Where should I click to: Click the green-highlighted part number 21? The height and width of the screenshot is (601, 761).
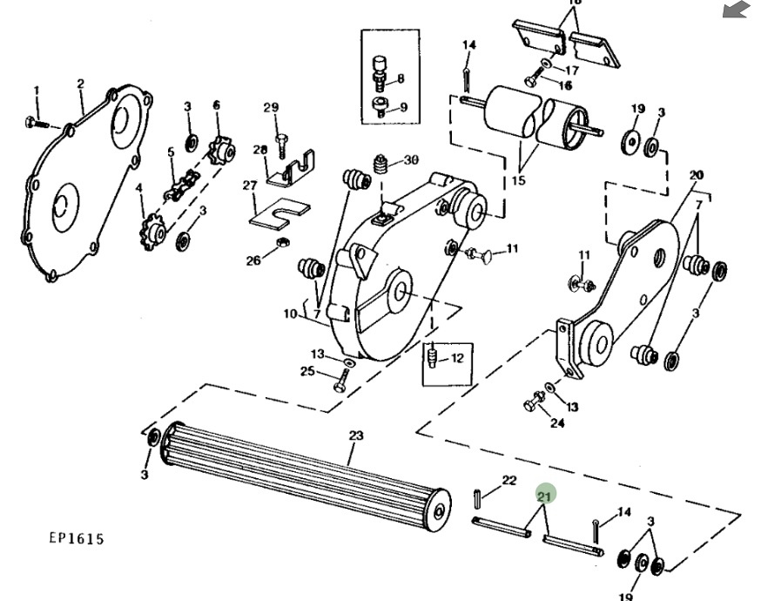point(545,496)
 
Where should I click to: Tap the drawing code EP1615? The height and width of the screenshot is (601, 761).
point(76,538)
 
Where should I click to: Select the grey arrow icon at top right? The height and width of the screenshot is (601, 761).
point(736,10)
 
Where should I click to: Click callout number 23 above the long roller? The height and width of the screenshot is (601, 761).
point(355,436)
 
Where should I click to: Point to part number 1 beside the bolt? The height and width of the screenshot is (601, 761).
point(37,91)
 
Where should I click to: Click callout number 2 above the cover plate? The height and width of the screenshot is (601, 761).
point(80,84)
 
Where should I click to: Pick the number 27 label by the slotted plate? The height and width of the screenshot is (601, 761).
point(250,186)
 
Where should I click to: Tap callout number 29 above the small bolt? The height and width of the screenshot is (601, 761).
point(271,107)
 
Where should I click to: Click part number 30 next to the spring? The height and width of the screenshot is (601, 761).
point(411,159)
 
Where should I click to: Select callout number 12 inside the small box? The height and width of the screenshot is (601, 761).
point(457,358)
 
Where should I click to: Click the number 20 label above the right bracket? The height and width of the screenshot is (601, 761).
point(696,175)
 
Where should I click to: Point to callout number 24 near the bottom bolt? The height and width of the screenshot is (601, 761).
point(557,423)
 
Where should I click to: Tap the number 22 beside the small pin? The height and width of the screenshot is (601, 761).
point(509,480)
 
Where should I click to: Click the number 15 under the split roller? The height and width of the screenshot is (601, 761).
point(519,181)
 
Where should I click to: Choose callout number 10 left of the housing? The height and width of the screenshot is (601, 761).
point(290,314)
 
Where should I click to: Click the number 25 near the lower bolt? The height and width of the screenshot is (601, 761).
point(307,372)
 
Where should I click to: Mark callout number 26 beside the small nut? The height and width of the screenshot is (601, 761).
point(253,260)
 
